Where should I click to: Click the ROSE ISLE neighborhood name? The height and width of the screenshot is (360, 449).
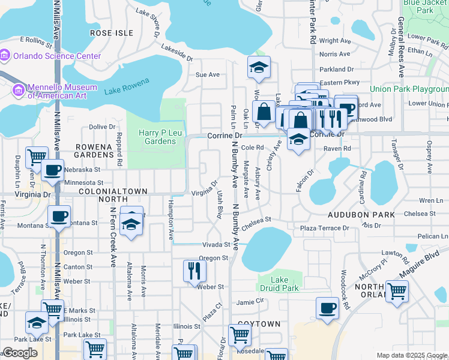coord(111,32)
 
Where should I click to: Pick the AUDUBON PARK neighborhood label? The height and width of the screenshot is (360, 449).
coord(361,214)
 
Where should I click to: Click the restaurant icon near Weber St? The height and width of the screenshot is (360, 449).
coord(194,271)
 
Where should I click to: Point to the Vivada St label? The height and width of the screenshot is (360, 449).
coord(216,245)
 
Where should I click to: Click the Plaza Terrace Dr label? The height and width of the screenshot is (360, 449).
coord(324,229)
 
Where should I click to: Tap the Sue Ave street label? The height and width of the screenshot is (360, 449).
coord(208,74)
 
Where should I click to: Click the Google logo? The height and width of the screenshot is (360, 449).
coord(20,353)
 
